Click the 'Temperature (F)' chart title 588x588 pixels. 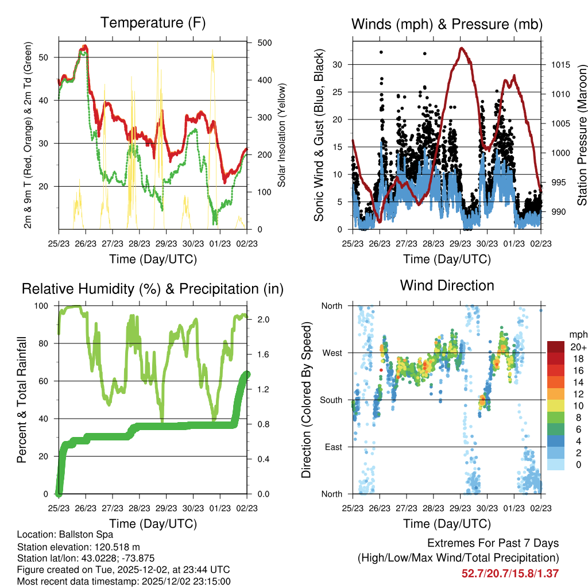[153, 23]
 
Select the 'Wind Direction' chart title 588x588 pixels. [447, 285]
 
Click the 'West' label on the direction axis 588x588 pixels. [331, 353]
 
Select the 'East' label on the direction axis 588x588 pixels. [332, 447]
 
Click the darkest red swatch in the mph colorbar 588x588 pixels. [556, 347]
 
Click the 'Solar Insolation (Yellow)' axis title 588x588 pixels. [281, 136]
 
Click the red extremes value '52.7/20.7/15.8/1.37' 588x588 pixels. [510, 573]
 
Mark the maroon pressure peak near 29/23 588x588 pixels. [461, 48]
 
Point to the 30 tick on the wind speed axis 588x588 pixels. [339, 64]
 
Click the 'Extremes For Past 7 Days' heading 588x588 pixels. [493, 543]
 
